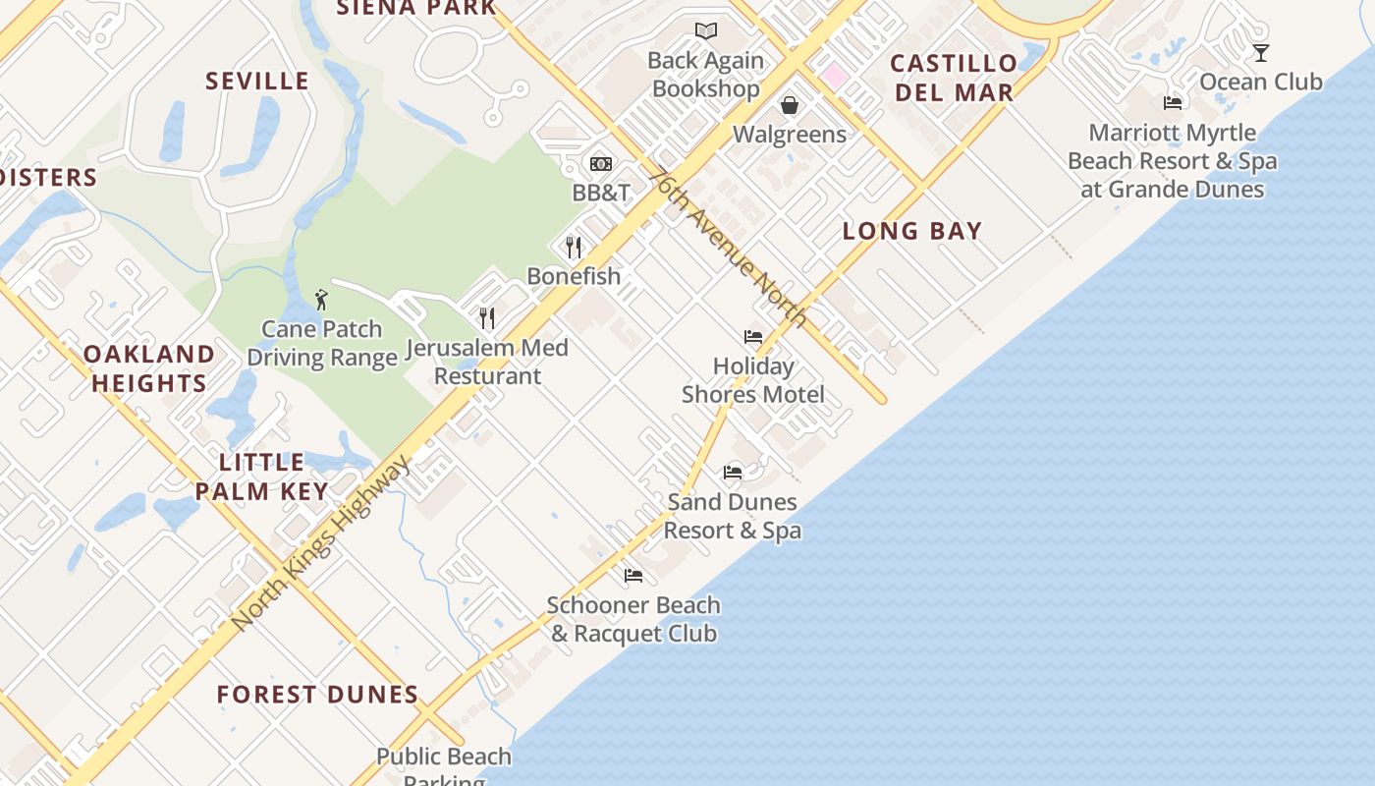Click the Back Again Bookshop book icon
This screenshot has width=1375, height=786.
pyautogui.click(x=706, y=31)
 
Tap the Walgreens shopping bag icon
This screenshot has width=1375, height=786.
pyautogui.click(x=790, y=105)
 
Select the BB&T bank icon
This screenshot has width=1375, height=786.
pyautogui.click(x=601, y=163)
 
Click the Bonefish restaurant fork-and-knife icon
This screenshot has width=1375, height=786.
pyautogui.click(x=575, y=247)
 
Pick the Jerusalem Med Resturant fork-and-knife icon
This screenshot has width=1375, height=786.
pyautogui.click(x=487, y=317)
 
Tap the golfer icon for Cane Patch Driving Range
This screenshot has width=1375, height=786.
pyautogui.click(x=321, y=299)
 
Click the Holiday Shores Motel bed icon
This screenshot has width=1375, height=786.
pyautogui.click(x=753, y=337)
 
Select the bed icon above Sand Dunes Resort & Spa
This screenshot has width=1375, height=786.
pyautogui.click(x=733, y=473)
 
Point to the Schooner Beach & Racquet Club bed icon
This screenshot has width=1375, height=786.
pyautogui.click(x=633, y=576)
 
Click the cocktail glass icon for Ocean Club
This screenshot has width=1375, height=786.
pyautogui.click(x=1261, y=52)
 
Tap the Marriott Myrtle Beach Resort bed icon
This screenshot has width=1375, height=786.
pyautogui.click(x=1173, y=103)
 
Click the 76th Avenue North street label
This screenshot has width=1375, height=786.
pyautogui.click(x=728, y=246)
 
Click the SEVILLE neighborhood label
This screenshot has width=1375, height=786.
pyautogui.click(x=257, y=81)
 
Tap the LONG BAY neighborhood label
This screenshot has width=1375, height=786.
pyautogui.click(x=912, y=231)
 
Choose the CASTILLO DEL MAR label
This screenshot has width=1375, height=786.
pyautogui.click(x=953, y=78)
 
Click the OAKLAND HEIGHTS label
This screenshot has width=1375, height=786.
pyautogui.click(x=149, y=368)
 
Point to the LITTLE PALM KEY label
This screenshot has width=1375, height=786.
pyautogui.click(x=261, y=477)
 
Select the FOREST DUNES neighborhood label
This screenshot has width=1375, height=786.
pyautogui.click(x=317, y=695)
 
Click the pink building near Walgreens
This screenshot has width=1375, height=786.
pyautogui.click(x=835, y=75)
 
